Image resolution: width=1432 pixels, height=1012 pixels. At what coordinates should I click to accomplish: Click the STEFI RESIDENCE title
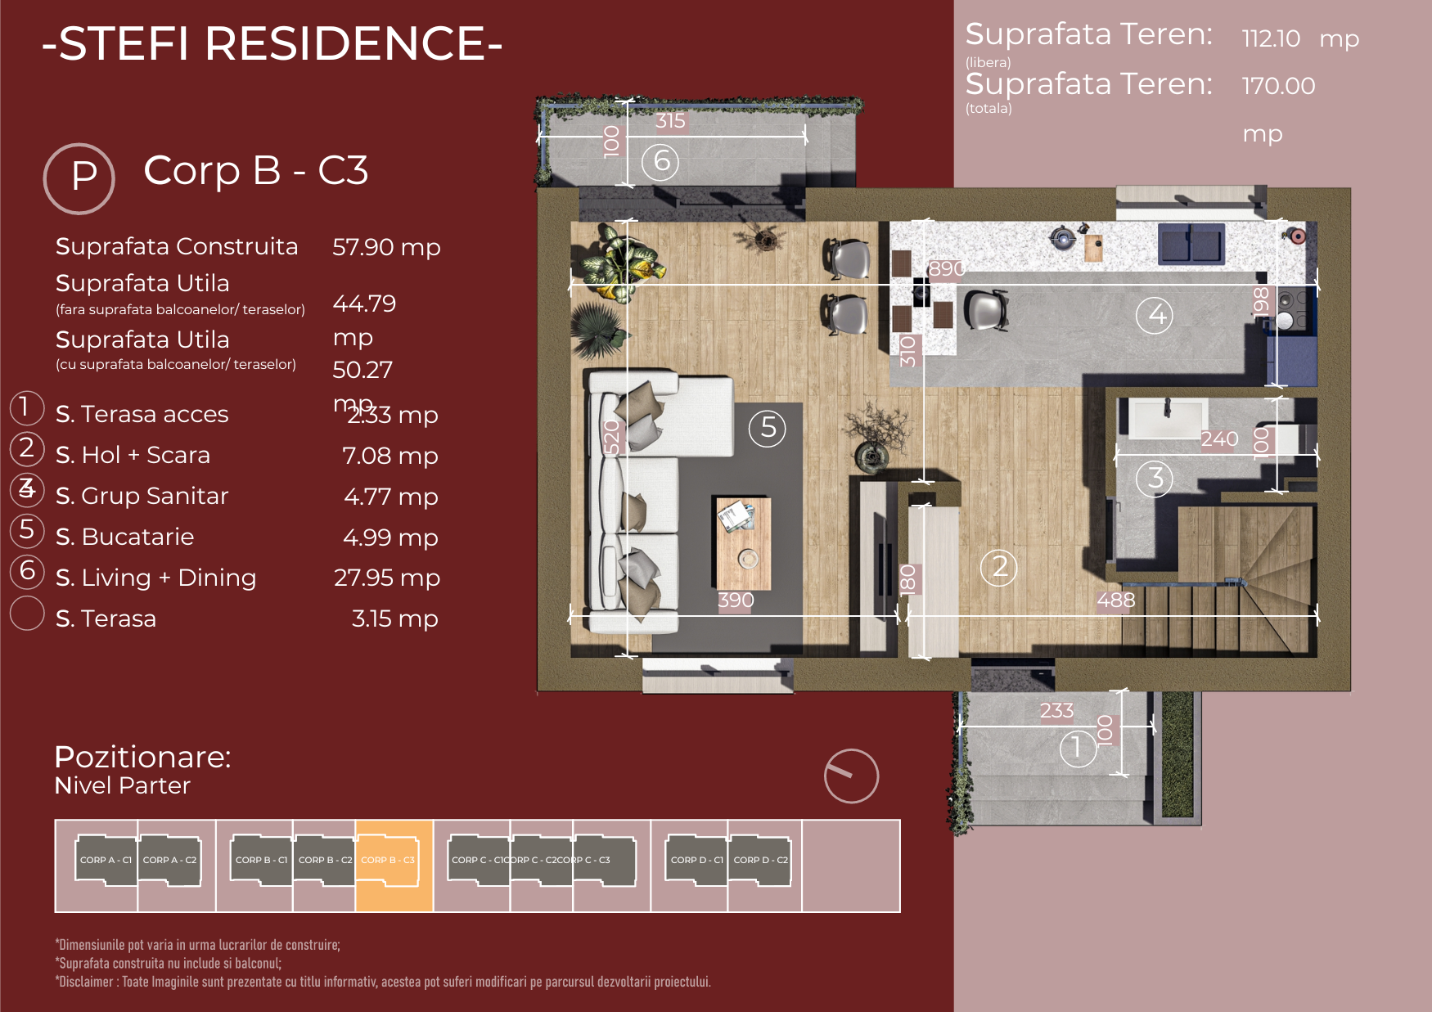(272, 44)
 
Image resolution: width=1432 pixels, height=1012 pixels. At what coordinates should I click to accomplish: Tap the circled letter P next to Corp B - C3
(79, 178)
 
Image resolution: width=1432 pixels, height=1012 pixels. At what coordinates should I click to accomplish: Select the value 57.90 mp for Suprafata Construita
(386, 247)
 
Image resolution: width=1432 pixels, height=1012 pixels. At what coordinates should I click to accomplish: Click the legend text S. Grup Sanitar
(142, 496)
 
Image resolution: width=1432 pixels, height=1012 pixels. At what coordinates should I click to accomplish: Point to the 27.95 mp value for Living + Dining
(386, 578)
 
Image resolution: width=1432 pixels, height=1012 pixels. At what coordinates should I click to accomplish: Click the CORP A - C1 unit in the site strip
(106, 861)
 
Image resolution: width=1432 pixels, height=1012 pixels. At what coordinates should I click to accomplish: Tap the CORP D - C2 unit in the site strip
(760, 861)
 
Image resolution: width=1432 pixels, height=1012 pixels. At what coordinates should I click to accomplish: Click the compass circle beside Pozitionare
(851, 776)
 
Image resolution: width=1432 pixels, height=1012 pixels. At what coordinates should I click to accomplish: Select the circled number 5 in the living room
(768, 428)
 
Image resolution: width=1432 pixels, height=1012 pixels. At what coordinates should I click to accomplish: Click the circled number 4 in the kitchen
(1155, 315)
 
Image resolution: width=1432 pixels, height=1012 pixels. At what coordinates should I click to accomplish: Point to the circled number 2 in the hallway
(999, 567)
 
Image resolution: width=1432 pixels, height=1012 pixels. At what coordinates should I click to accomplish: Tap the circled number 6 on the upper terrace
(660, 161)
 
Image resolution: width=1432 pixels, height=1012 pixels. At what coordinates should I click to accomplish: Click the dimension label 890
(946, 269)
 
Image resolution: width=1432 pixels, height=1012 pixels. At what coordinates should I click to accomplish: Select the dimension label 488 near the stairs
(1116, 600)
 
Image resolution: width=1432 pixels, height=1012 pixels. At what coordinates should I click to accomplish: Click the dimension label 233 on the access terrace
(1056, 711)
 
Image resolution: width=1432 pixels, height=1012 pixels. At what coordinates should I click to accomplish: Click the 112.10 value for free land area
(1271, 38)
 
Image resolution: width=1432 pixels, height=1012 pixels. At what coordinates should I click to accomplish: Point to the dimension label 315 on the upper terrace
(670, 121)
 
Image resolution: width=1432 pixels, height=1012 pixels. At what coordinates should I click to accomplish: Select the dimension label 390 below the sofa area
(736, 600)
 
